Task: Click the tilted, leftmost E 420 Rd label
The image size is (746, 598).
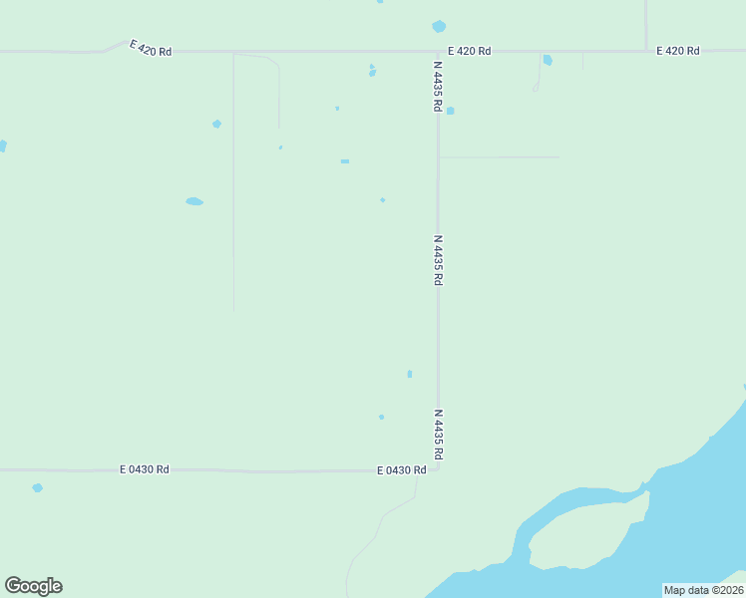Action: click(x=151, y=48)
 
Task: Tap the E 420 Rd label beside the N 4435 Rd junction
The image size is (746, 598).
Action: click(x=469, y=51)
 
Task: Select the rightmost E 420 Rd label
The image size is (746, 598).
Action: click(x=677, y=51)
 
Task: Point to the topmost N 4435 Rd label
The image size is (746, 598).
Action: click(x=437, y=86)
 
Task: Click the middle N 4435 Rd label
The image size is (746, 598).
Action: click(x=437, y=260)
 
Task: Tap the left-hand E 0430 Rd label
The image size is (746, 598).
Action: click(x=145, y=469)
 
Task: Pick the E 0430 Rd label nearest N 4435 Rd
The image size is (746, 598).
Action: click(x=402, y=470)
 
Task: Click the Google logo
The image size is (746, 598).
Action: click(x=33, y=586)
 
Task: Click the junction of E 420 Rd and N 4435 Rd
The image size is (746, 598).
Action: click(x=437, y=51)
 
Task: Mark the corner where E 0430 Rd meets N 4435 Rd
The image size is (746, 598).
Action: click(x=437, y=468)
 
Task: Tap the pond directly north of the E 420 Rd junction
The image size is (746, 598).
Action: click(x=439, y=27)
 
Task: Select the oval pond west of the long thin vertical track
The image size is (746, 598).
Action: click(x=194, y=201)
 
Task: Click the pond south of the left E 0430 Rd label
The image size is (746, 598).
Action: click(x=37, y=487)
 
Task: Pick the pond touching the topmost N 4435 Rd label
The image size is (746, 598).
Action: click(x=450, y=111)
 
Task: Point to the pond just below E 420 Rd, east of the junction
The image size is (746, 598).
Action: click(x=548, y=60)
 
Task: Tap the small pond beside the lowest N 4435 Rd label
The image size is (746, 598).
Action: click(x=410, y=374)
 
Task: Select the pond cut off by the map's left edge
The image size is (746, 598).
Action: click(x=2, y=146)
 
